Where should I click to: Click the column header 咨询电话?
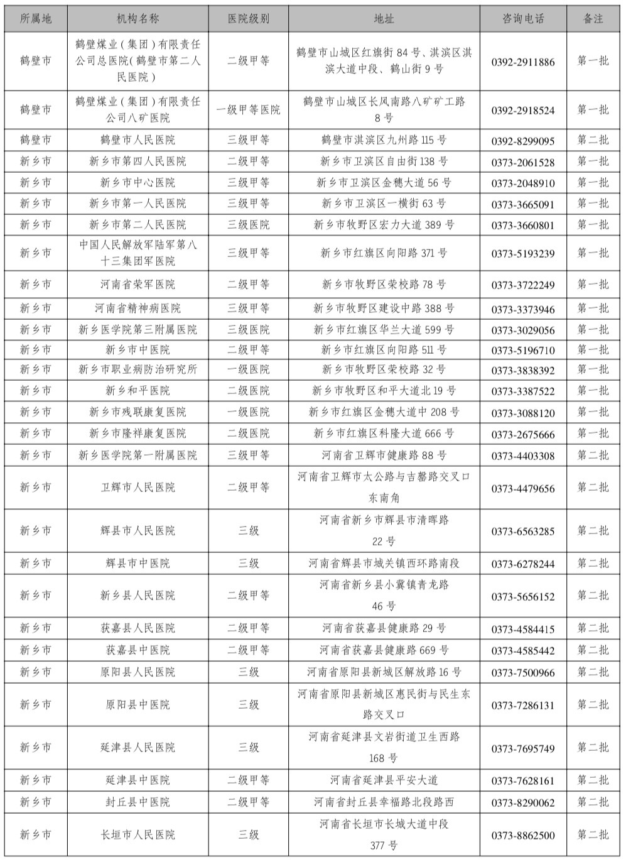click(x=523, y=19)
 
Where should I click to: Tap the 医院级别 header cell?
click(x=249, y=19)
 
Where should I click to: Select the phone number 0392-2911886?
click(x=523, y=62)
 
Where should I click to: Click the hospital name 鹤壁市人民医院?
click(x=138, y=140)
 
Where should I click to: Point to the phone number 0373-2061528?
click(x=523, y=162)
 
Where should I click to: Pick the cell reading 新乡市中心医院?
click(x=138, y=183)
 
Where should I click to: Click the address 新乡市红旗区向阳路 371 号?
click(x=384, y=253)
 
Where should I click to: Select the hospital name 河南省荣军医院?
click(x=138, y=285)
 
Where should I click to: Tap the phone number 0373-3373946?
click(x=523, y=309)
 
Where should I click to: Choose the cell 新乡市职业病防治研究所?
click(x=138, y=369)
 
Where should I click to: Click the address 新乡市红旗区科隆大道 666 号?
click(x=384, y=434)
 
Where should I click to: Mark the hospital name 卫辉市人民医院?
click(x=138, y=488)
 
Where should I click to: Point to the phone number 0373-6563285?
click(x=523, y=532)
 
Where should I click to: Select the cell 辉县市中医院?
click(x=138, y=564)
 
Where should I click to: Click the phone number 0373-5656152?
click(x=523, y=596)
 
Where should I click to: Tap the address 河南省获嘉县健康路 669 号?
click(x=384, y=650)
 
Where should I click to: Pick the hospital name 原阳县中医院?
click(x=138, y=705)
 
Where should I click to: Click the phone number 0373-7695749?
click(x=523, y=748)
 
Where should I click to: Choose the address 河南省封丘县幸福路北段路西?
click(x=384, y=802)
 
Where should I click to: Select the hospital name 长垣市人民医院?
click(x=138, y=835)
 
